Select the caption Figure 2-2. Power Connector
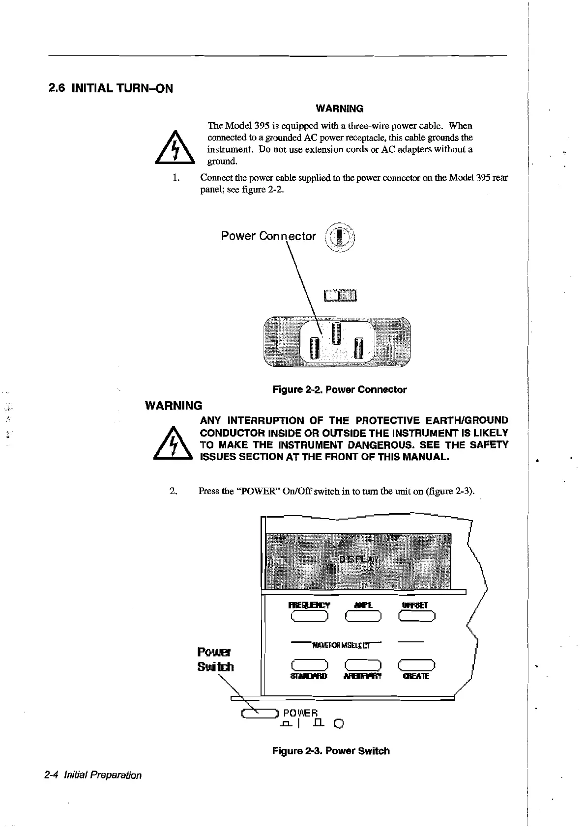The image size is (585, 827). click(x=339, y=389)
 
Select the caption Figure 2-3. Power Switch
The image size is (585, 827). click(x=330, y=751)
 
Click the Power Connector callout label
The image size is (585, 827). click(x=268, y=236)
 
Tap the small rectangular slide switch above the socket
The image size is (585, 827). click(x=340, y=295)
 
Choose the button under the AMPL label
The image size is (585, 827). click(x=363, y=616)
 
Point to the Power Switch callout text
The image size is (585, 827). click(x=215, y=660)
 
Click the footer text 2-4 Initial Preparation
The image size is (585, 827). click(x=92, y=775)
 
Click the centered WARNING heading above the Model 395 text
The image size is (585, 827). click(x=339, y=109)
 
